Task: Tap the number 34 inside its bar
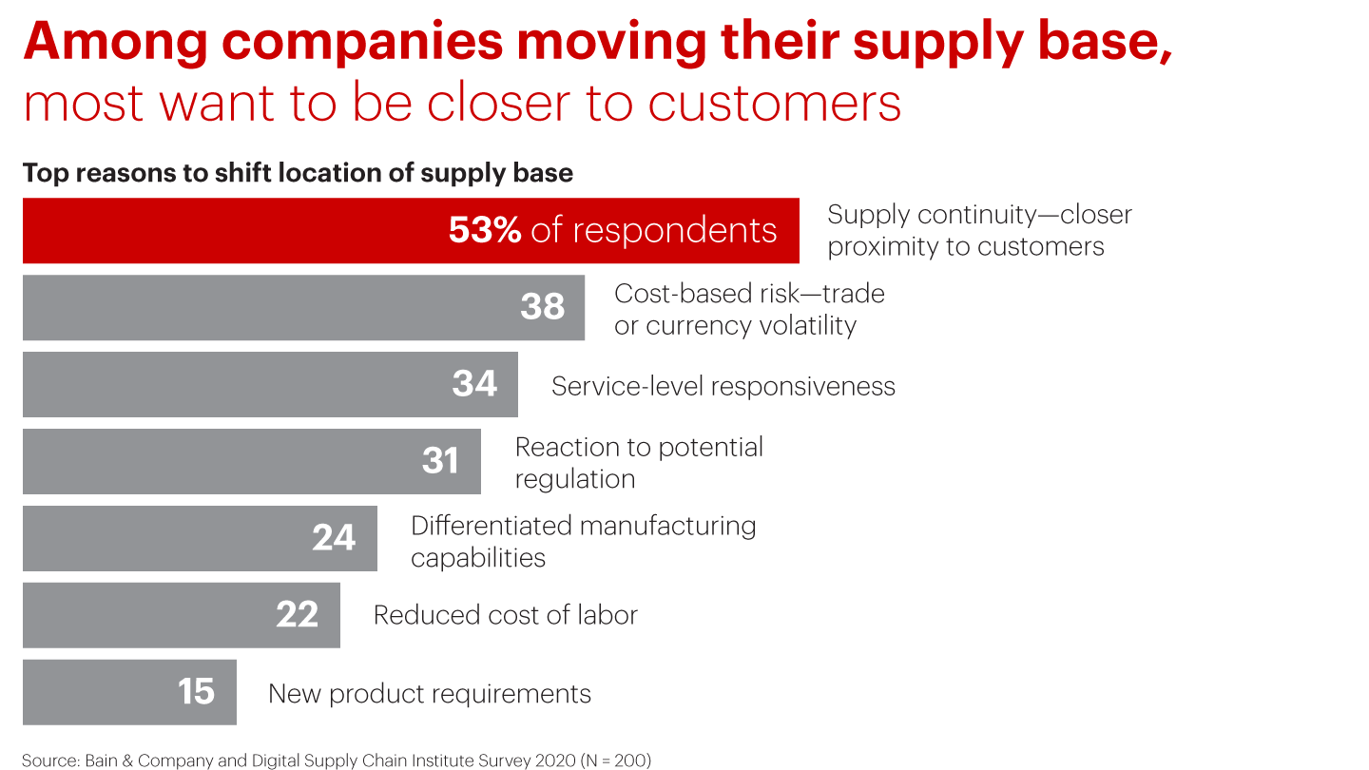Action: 474,384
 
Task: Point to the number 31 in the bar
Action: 440,461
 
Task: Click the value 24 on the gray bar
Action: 334,538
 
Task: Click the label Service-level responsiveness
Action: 723,386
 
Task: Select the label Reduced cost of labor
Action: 505,615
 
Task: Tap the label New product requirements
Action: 430,694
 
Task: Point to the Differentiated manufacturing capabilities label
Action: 583,541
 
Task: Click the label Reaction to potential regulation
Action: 639,463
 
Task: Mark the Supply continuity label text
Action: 979,231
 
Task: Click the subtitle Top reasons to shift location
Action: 298,173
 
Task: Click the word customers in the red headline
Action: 774,103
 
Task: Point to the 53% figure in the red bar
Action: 484,231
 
